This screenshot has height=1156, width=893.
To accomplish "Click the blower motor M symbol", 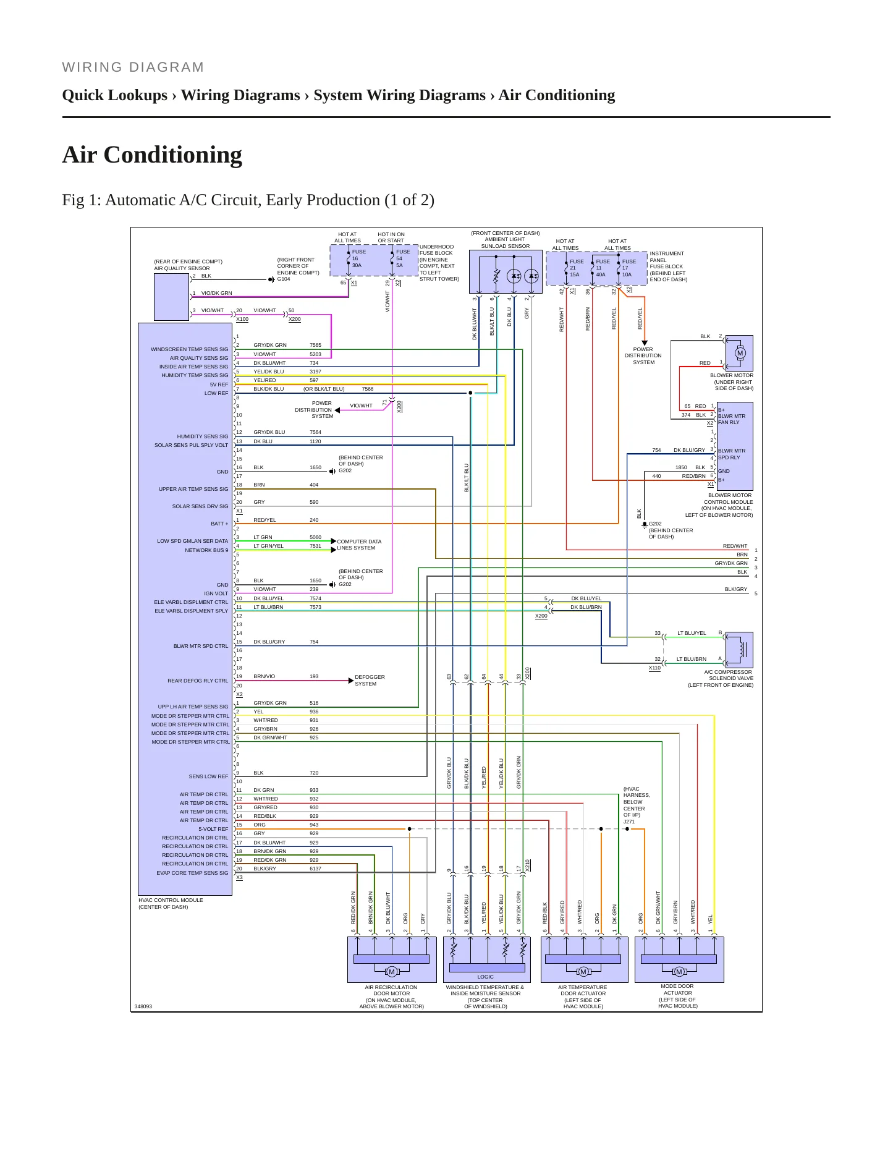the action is pos(740,354).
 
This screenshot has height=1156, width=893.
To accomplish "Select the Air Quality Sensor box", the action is pos(171,297).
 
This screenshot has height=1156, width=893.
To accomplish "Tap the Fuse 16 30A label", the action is pos(358,258).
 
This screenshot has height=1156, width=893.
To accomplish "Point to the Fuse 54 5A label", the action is pos(402,258).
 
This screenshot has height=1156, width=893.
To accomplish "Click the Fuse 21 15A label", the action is pos(576,268).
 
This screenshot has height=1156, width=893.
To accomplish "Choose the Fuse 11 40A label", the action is pos(602,268).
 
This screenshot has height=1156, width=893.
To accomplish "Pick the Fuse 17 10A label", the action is pos(628,268).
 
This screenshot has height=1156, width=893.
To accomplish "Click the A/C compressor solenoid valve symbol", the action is pos(739,650).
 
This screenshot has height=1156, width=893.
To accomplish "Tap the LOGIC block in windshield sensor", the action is pos(486,977).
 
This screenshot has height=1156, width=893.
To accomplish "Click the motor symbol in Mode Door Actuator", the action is pos(679,972).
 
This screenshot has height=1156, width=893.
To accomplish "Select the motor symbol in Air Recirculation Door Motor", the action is pos(391,972).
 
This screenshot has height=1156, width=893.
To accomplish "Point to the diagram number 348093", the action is pos(143,1006).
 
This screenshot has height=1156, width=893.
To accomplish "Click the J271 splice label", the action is pos(629,822).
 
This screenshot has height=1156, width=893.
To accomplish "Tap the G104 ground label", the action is pos(284,279).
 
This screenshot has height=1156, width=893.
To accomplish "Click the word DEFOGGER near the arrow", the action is pos(370,677).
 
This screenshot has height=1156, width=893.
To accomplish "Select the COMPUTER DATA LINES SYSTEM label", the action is pos(359,545).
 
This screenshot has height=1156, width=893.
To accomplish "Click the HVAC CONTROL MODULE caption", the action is pos(171,900).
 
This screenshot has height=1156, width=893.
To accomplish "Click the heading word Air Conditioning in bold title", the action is pos(152,155).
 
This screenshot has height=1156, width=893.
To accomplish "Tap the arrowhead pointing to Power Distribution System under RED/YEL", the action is pos(644,343).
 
